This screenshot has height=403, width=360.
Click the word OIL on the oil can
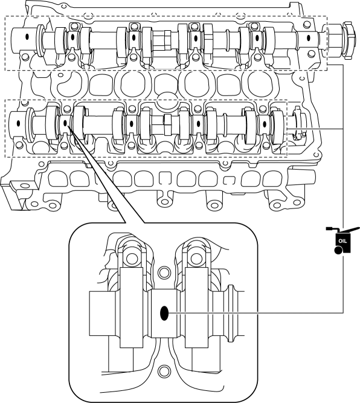pos(342,241)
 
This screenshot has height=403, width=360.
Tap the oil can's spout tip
pos(358,228)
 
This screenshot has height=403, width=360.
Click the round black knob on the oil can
pos(338,250)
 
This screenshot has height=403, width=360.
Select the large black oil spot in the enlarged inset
pos(164,314)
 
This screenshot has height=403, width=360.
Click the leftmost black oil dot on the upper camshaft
pos(27,37)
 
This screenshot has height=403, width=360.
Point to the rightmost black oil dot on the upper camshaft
pos(309,38)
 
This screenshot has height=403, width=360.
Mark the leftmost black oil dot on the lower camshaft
pos(18,123)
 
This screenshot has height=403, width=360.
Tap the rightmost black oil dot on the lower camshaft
pos(265,124)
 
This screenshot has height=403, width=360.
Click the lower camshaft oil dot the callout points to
pos(65,123)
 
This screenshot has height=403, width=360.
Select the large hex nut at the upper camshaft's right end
pos(349,40)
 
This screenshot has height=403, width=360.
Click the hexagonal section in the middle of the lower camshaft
pos(167,125)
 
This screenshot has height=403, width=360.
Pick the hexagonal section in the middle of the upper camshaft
pos(167,40)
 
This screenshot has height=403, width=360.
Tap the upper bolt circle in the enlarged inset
pos(164,272)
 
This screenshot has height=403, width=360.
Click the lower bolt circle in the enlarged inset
pos(164,371)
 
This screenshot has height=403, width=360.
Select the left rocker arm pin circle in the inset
pos(132,258)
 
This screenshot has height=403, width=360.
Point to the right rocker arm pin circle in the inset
pos(196,258)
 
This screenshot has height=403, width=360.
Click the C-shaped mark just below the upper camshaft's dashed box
pos(303,78)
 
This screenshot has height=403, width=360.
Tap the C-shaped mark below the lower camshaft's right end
pos(317,154)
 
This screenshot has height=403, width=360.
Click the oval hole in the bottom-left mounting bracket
pos(25,185)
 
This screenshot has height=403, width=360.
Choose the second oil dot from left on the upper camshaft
pos(72,37)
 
